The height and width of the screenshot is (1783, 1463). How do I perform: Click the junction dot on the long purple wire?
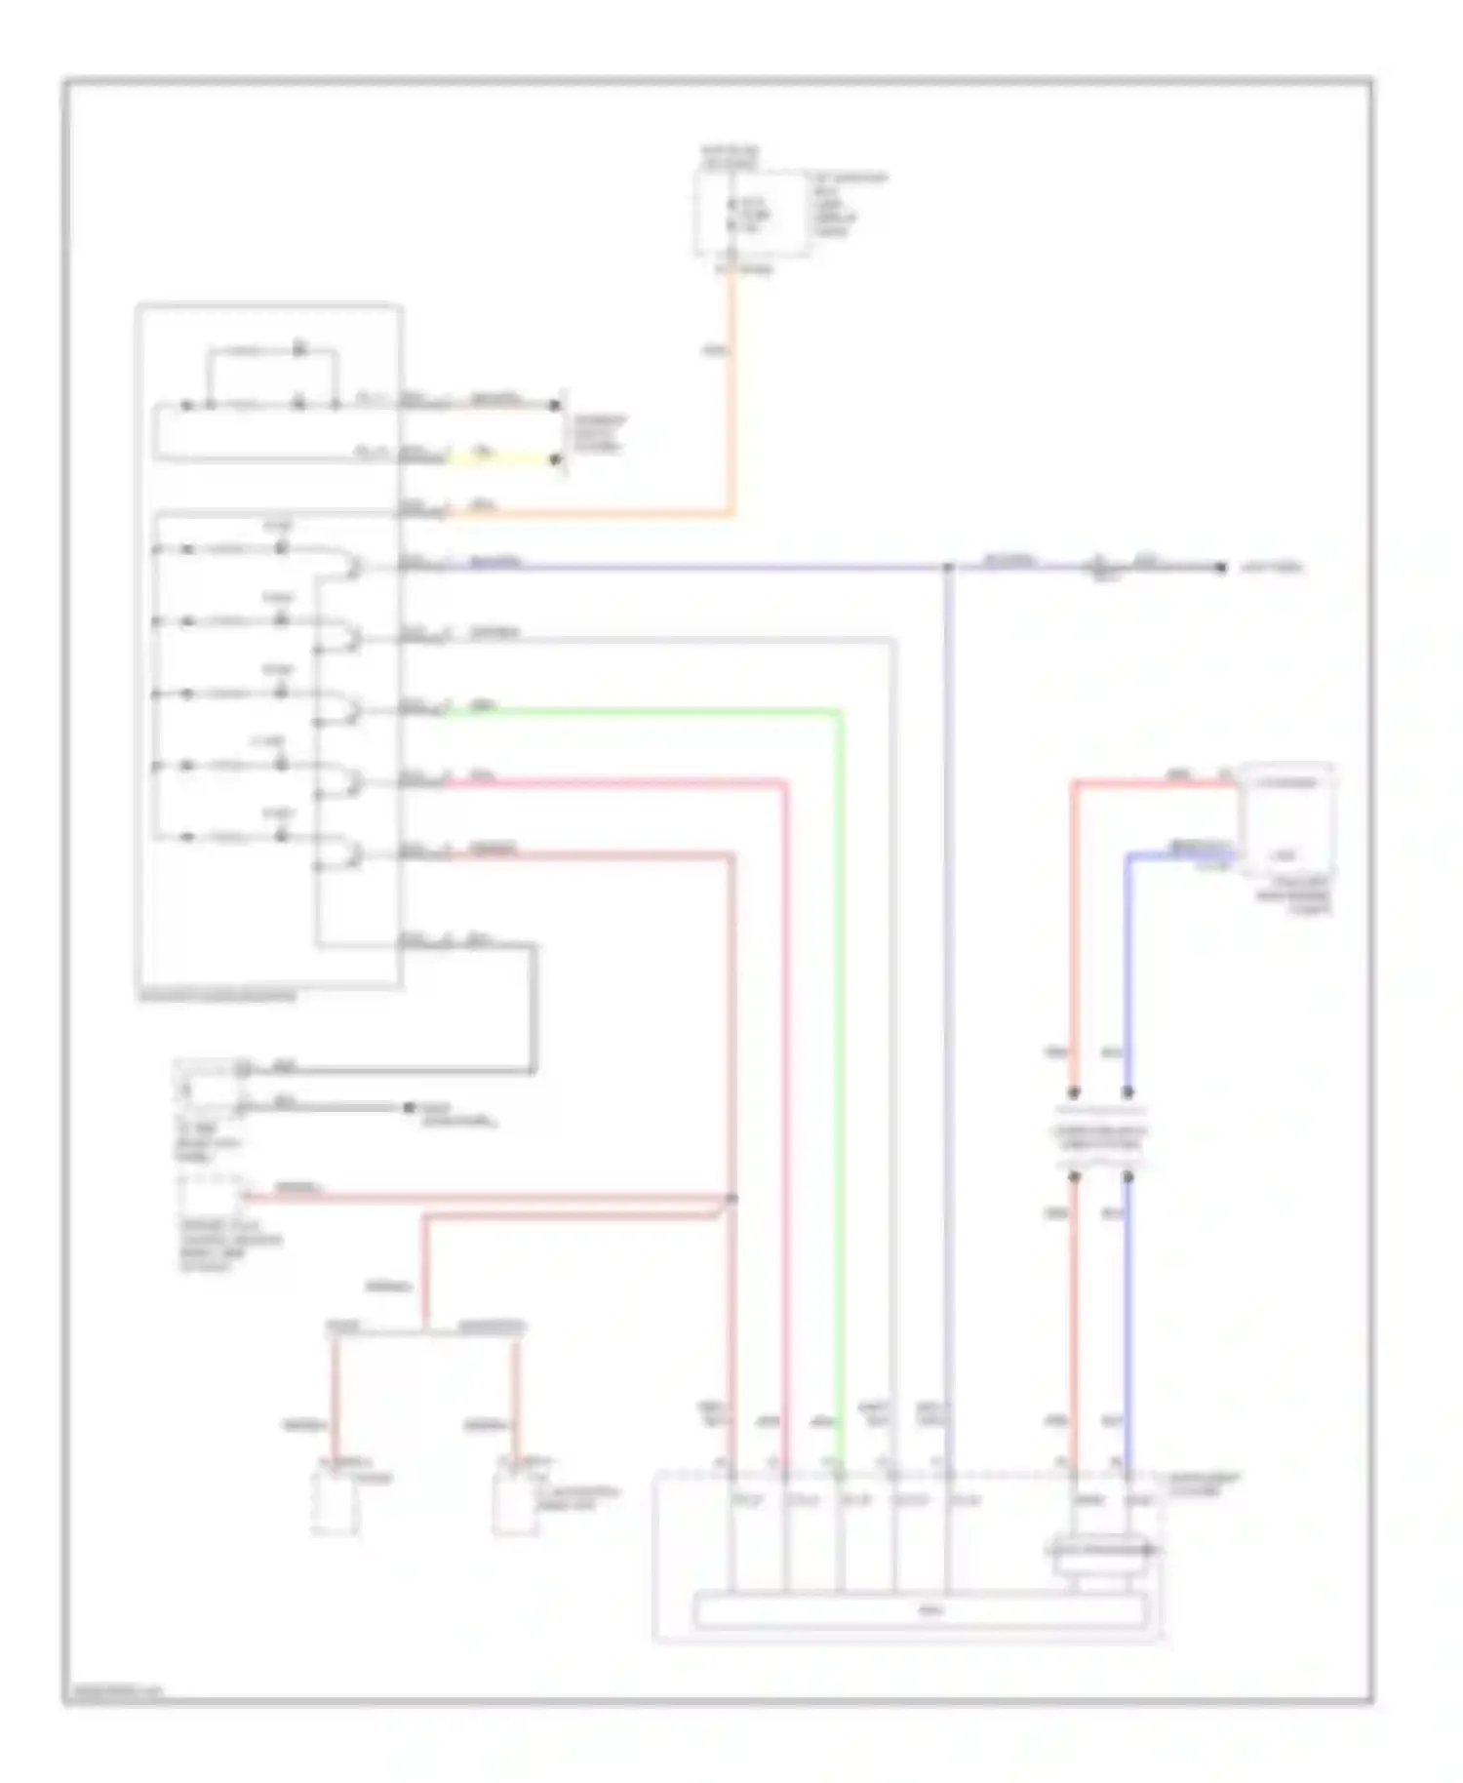(x=948, y=567)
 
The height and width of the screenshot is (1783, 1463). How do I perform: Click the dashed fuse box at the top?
(x=751, y=215)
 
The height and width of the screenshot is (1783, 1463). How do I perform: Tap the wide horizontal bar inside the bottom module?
(x=921, y=1611)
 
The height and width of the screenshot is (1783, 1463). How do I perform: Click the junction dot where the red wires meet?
(x=732, y=1199)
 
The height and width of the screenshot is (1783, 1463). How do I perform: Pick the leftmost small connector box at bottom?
(x=334, y=1504)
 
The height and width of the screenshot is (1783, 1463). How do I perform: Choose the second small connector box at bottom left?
(x=515, y=1504)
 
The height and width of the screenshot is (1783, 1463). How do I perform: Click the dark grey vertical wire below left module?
(x=533, y=1010)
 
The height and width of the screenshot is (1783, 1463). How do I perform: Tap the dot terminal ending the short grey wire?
(x=409, y=1108)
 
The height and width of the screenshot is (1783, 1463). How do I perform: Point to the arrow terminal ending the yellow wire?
(x=556, y=459)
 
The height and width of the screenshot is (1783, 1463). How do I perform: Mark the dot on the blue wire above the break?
(x=1128, y=1092)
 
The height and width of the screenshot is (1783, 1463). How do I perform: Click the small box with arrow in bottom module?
(x=1100, y=1548)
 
